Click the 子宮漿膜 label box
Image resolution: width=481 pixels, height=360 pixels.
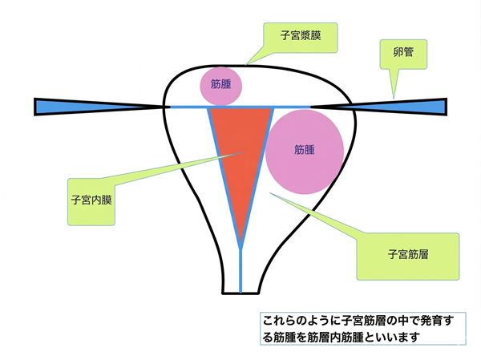click(301, 38)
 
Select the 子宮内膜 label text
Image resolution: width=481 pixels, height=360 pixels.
click(91, 200)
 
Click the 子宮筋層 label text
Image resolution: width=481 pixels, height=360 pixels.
click(408, 254)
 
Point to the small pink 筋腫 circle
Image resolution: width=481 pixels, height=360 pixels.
click(221, 87)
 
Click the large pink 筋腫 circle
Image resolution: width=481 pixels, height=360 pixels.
click(305, 152)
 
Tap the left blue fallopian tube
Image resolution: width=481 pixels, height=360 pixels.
click(98, 107)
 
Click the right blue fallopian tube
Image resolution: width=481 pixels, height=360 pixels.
click(379, 107)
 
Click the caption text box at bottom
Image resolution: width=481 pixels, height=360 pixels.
click(363, 329)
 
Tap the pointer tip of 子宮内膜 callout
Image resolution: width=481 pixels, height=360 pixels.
click(245, 152)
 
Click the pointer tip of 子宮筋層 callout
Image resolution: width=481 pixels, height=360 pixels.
click(269, 192)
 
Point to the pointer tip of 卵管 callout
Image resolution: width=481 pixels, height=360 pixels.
click(394, 99)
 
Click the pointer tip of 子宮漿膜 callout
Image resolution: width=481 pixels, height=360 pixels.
click(246, 64)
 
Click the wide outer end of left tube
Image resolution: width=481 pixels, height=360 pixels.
click(35, 107)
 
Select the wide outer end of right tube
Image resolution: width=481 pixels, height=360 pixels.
click(446, 107)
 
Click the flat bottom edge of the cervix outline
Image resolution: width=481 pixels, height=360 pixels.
click(240, 293)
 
